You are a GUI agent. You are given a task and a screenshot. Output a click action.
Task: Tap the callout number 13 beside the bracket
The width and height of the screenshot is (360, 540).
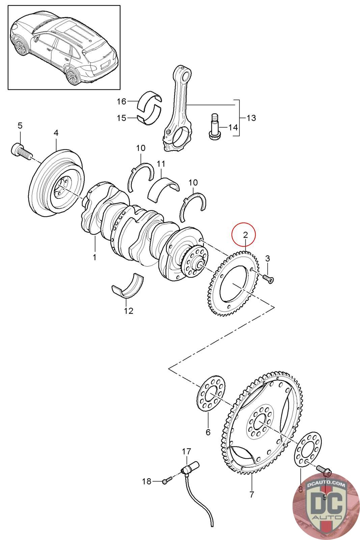point(251,118)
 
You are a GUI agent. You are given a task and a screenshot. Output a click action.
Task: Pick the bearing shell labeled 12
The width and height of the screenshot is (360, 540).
point(128,287)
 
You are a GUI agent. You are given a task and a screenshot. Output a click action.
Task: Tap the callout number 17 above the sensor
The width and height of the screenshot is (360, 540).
point(187,452)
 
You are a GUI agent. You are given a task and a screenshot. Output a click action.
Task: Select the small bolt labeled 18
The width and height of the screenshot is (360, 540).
point(166,481)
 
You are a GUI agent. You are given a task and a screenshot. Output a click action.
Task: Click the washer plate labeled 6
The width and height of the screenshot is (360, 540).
point(211,394)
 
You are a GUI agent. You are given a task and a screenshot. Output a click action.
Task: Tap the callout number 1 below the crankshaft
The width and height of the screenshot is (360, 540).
point(95,257)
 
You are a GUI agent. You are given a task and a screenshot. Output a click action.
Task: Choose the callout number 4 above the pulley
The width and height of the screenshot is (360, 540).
point(56,133)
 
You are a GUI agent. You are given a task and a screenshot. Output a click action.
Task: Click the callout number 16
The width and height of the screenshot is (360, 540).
point(121,101)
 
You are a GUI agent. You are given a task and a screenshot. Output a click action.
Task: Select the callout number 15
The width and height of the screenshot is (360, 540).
point(121,118)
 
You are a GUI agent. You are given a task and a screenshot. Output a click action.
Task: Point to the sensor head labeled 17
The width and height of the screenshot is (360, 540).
point(191,468)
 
